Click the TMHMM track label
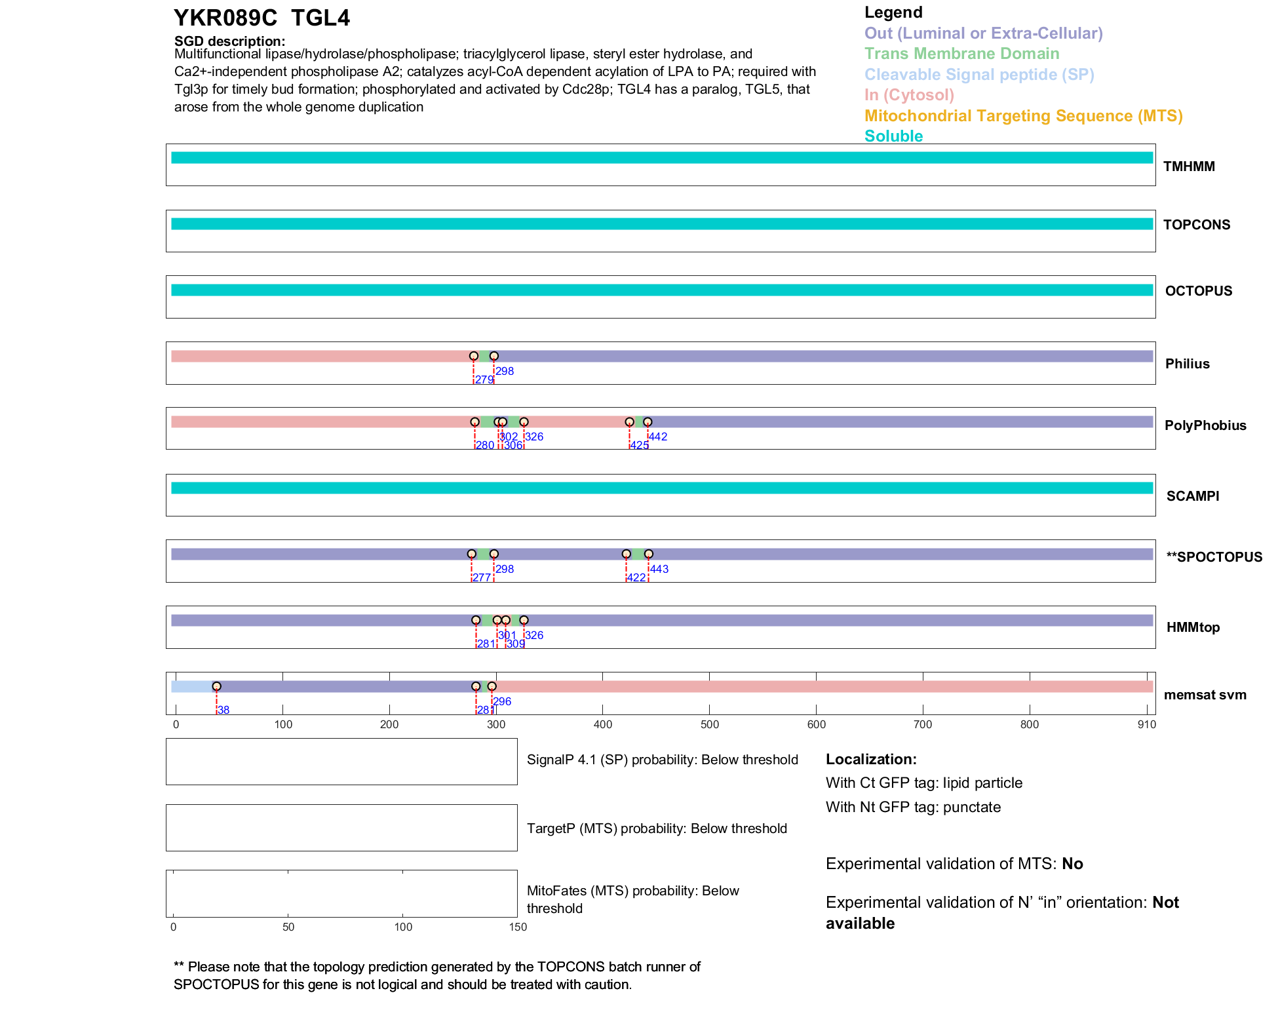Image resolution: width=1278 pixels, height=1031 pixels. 1188,166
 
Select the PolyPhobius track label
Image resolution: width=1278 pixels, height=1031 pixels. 1205,425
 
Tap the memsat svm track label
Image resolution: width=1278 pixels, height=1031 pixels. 1205,695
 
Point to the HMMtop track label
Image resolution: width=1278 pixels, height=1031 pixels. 1193,627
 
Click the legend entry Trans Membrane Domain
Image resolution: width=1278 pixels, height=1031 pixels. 961,54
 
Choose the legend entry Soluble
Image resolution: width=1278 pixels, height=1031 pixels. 893,136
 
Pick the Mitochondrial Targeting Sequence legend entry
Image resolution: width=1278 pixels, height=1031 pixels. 1023,116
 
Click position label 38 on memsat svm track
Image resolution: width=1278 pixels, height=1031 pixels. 223,710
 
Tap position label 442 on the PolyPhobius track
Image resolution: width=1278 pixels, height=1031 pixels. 658,437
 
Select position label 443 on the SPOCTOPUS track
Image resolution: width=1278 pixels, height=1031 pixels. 659,569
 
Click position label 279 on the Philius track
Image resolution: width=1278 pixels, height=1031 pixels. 484,380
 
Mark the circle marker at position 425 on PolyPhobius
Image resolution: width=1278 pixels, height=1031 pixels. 629,422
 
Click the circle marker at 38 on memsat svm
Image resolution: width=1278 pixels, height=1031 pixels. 216,686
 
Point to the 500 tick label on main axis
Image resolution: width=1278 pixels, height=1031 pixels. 709,724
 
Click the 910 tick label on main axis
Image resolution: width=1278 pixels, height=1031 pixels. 1146,724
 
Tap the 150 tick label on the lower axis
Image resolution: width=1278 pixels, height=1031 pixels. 518,927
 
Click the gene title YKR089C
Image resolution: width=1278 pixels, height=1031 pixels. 225,18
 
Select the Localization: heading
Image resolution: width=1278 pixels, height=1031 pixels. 870,760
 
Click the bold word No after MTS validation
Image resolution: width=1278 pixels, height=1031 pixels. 1072,864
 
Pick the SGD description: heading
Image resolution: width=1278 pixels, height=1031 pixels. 229,41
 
